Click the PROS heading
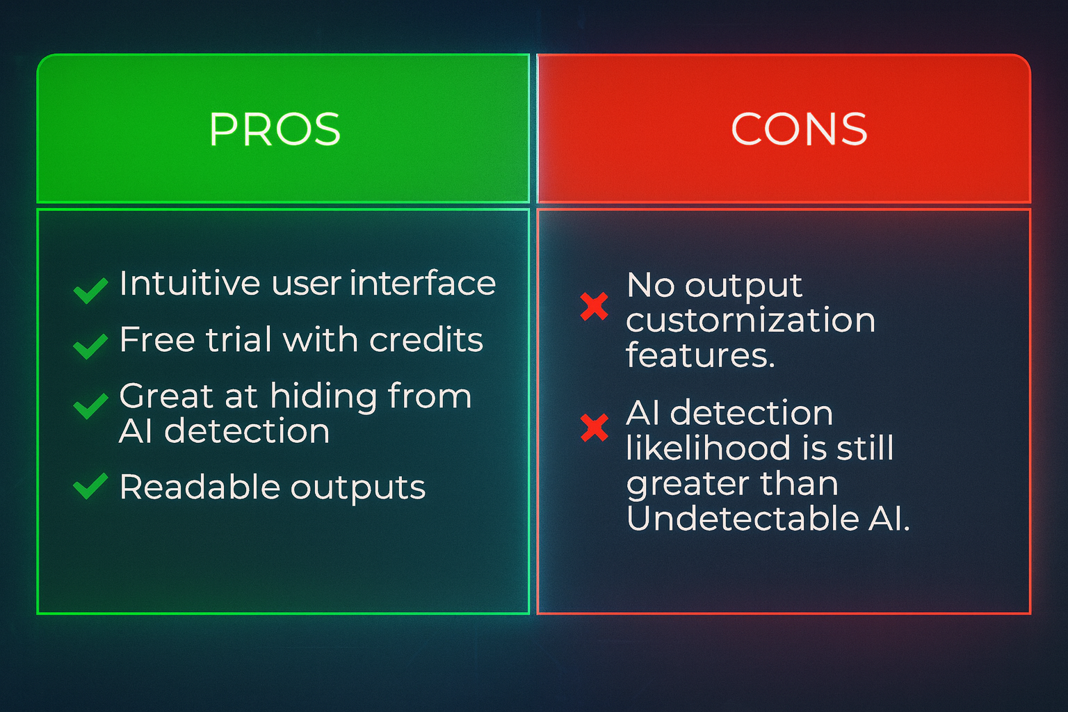point(275,129)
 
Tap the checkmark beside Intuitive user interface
point(90,291)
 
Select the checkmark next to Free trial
point(90,346)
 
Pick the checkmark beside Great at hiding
point(90,406)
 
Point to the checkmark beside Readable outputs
point(90,487)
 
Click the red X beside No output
point(594,306)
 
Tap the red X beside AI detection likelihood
point(594,428)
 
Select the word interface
point(423,283)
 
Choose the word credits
point(426,339)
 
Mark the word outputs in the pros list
point(358,488)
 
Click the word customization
point(750,320)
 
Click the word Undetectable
point(743,518)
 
